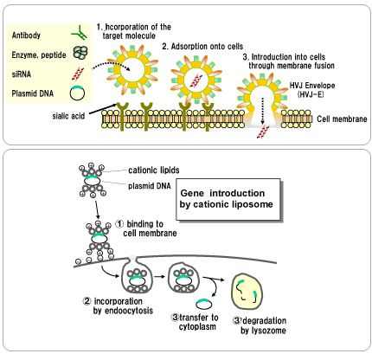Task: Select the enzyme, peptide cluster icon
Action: click(80, 53)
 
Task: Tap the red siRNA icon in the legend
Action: click(78, 74)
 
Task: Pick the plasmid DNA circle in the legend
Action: click(77, 93)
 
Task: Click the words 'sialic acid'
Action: click(68, 116)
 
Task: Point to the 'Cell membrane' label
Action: click(342, 119)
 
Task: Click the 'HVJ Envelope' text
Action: click(312, 86)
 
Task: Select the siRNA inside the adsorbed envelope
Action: click(196, 80)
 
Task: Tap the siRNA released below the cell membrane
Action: click(263, 132)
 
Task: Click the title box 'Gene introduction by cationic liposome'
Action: click(228, 199)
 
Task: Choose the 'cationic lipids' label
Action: click(154, 170)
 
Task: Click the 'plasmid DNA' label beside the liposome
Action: click(150, 186)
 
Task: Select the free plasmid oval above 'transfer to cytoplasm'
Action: click(204, 304)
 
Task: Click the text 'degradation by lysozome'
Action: click(260, 325)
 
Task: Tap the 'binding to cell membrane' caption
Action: click(146, 228)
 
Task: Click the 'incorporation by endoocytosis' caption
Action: click(118, 305)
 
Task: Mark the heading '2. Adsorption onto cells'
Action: click(202, 46)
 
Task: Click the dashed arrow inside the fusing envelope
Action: click(262, 111)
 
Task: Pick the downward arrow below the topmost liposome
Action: click(97, 209)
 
